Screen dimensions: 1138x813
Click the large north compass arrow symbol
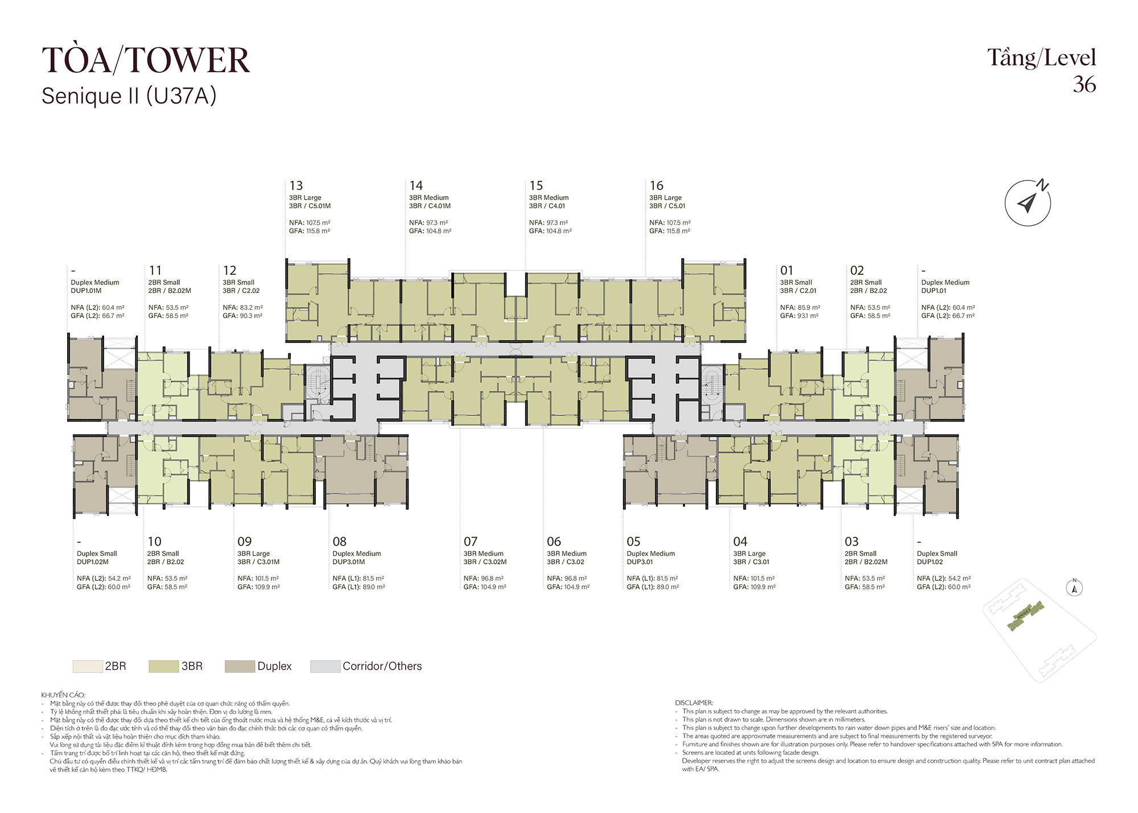coord(1028,203)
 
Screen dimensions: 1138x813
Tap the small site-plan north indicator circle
coord(1074,588)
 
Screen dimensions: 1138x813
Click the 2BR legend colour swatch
coord(88,666)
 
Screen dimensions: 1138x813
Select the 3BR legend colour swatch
coord(163,666)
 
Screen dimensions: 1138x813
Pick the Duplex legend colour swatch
coord(240,666)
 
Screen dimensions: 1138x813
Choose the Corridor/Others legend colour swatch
coord(325,666)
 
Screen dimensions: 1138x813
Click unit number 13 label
coord(296,185)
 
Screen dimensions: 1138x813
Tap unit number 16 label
coord(657,185)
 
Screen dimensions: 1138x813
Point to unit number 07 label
coord(471,542)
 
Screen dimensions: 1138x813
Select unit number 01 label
coord(787,270)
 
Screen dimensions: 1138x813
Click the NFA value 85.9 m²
coord(808,307)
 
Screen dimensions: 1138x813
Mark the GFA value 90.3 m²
coord(251,316)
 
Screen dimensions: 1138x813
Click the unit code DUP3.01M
coord(349,562)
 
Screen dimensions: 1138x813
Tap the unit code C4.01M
coord(439,206)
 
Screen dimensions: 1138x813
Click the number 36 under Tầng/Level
coord(1085,84)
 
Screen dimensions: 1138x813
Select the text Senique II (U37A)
coord(129,96)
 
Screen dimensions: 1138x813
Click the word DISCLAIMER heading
coord(694,703)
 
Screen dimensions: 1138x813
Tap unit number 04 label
coord(740,542)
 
